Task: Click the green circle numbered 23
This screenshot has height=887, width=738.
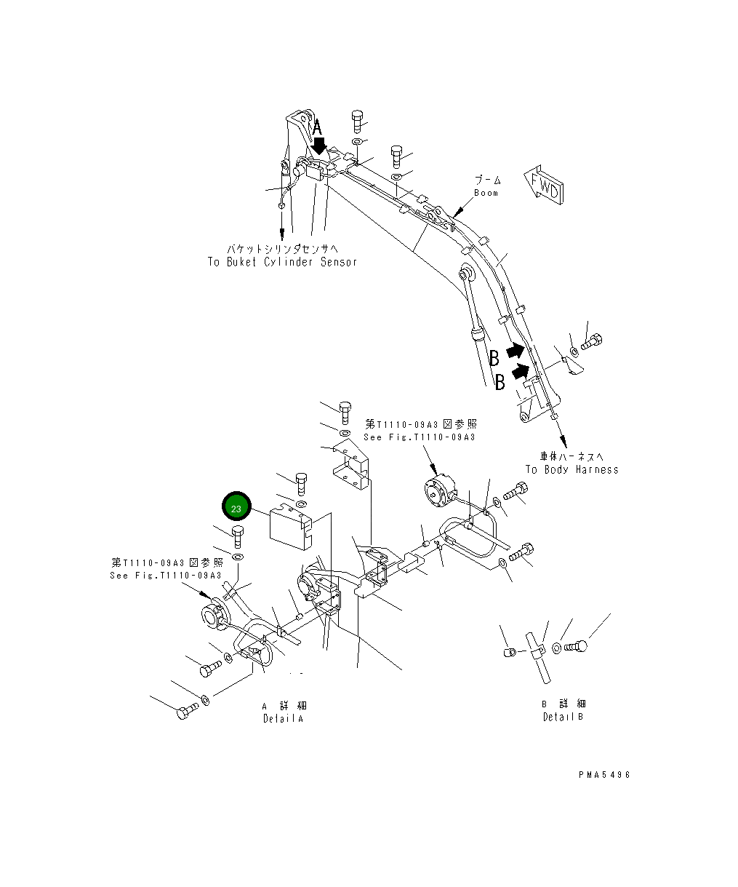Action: point(236,509)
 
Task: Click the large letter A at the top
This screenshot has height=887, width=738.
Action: point(317,129)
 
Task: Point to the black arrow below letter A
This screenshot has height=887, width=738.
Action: point(318,148)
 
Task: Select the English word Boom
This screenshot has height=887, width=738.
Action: point(486,193)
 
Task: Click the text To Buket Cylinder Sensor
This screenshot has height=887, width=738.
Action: point(282,262)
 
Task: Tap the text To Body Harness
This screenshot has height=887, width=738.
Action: point(571,469)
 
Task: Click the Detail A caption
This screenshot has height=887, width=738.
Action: point(283,718)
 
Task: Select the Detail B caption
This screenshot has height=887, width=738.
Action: point(563,717)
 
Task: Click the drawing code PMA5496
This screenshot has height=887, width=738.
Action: point(603,775)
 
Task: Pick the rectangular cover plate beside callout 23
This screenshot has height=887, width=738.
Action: point(289,525)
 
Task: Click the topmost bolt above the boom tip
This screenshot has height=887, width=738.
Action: point(357,119)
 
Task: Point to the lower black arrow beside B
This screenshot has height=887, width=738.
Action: point(520,372)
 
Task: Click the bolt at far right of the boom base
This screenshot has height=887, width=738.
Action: point(593,340)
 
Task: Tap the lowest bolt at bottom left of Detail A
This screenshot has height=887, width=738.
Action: point(186,711)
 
